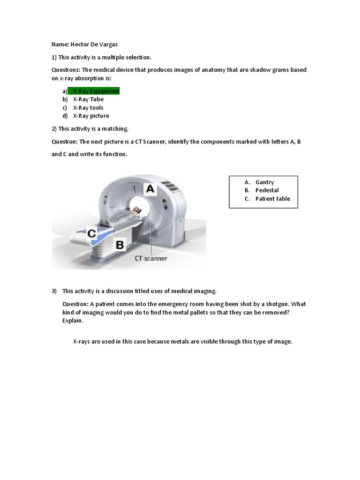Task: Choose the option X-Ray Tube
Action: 88,99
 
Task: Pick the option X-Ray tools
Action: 88,108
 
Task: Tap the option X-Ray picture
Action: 91,116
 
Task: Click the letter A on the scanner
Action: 150,189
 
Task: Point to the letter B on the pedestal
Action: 120,244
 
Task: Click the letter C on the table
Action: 91,233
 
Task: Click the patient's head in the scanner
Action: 136,211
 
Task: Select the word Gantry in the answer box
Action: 265,182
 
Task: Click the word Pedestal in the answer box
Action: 267,190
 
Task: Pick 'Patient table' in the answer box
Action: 273,199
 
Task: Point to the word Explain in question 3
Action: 72,321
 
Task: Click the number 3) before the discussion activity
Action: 54,291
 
